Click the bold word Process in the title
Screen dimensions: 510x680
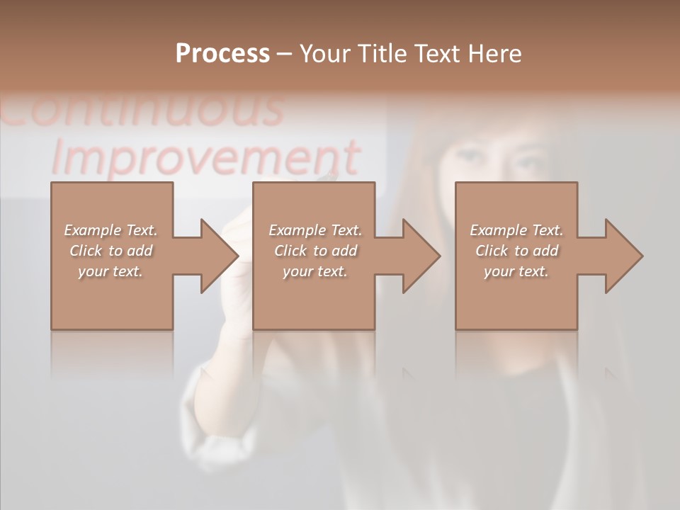pos(222,54)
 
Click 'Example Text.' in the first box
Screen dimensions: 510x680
pos(110,230)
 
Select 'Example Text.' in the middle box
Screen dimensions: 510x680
pos(315,230)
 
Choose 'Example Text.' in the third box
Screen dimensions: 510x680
pos(516,230)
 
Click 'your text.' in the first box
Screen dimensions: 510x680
pos(110,271)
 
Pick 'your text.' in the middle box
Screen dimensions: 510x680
pos(315,271)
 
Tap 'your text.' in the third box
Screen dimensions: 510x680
pos(516,271)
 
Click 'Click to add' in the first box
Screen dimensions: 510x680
pos(110,251)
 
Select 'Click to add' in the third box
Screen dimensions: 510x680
pos(516,251)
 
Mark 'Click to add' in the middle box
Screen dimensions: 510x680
pos(315,251)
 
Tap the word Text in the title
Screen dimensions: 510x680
pos(436,54)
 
